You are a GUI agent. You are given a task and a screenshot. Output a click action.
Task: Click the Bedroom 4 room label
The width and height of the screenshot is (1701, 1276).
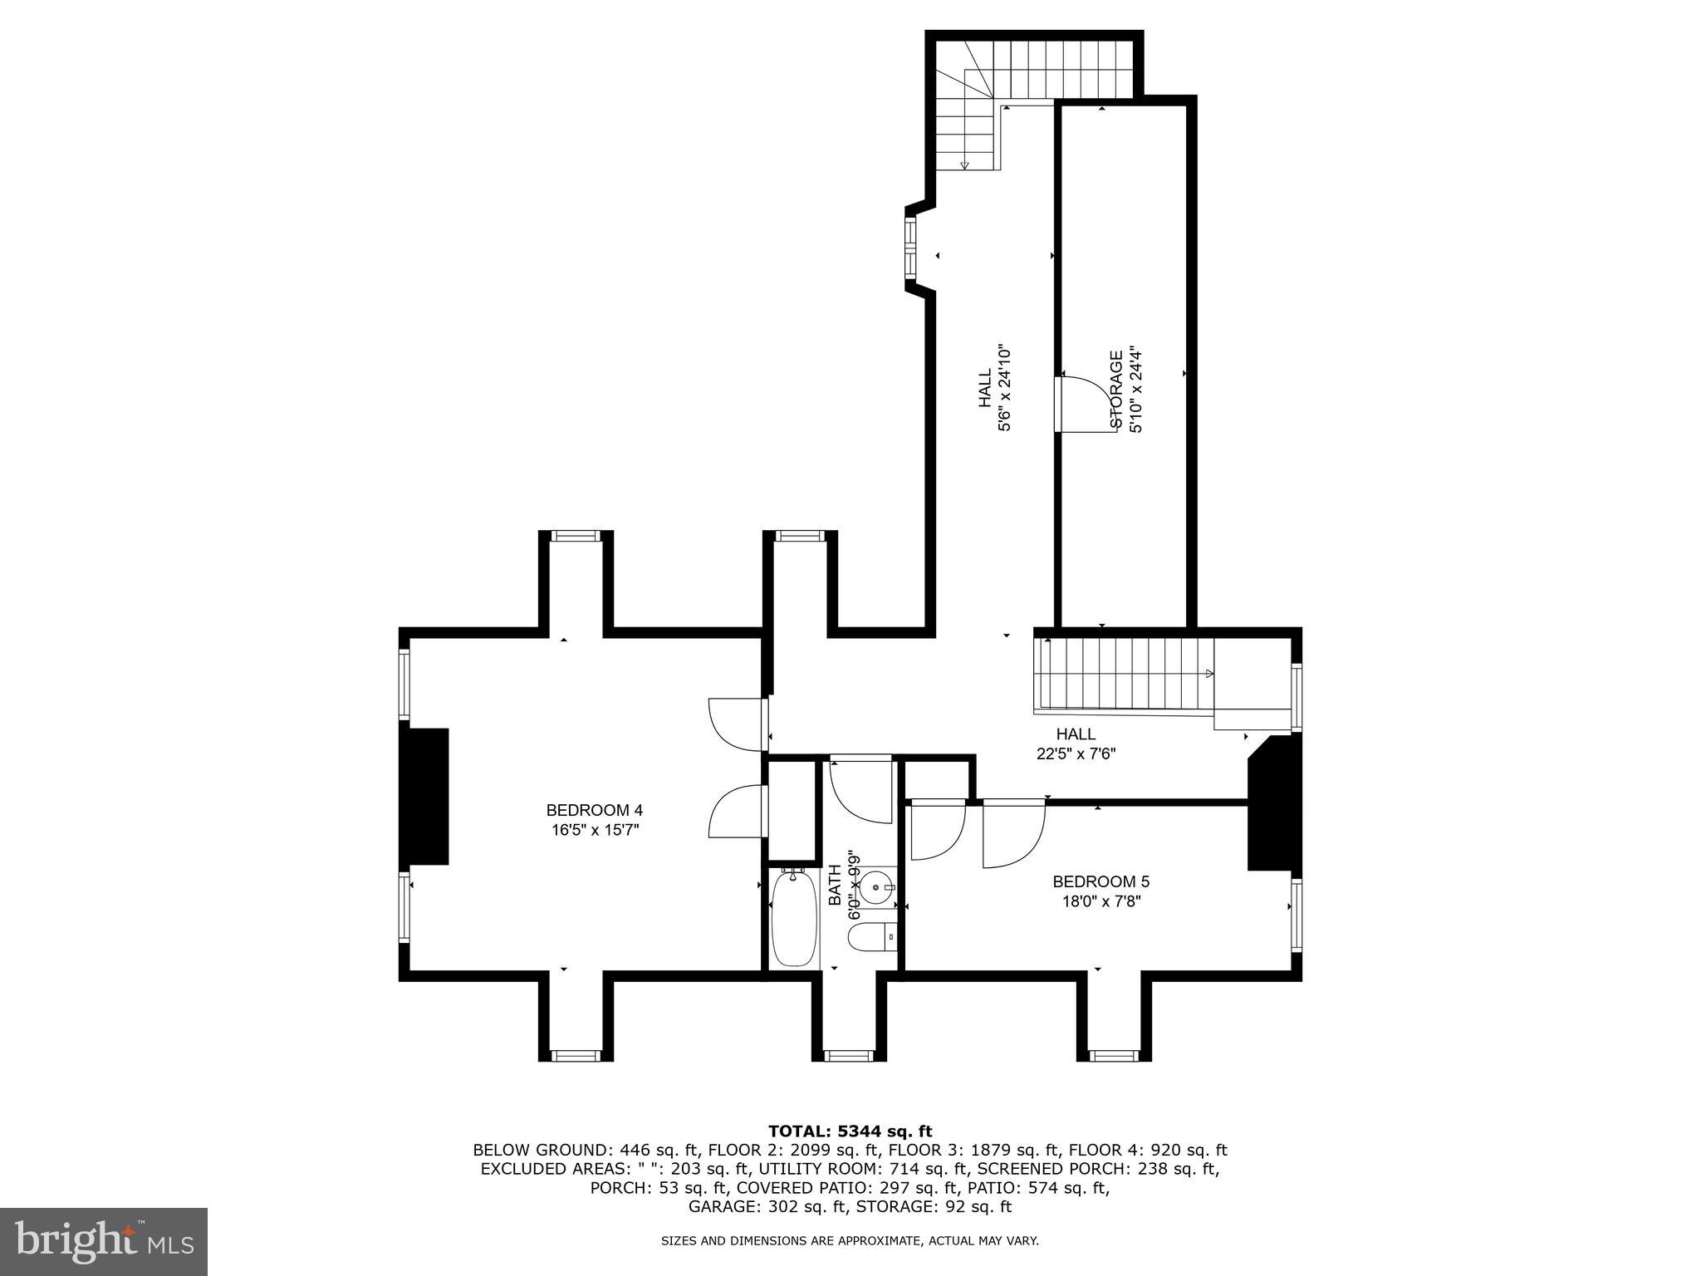[594, 810]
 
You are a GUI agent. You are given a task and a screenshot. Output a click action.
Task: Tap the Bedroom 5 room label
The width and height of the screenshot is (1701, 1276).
[1101, 881]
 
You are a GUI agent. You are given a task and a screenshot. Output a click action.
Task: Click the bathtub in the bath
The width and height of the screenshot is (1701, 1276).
[795, 918]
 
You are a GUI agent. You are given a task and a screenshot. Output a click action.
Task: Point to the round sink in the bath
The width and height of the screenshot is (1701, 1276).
[876, 887]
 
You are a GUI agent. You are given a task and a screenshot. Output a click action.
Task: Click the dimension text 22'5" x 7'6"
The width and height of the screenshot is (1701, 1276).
[1076, 754]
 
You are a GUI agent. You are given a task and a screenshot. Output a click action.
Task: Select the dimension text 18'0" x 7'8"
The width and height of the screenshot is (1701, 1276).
[1101, 901]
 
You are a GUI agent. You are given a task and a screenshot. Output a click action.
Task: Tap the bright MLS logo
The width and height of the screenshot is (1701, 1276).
[104, 1242]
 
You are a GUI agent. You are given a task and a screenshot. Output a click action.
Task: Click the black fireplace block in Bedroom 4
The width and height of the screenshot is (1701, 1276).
[424, 797]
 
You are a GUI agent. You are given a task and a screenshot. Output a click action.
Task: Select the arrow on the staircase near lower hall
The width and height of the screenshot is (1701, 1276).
[1209, 673]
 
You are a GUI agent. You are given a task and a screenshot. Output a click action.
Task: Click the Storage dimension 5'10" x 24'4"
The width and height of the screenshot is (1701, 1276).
[1136, 390]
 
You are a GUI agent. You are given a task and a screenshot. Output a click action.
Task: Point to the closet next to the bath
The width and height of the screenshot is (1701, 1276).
[792, 810]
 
